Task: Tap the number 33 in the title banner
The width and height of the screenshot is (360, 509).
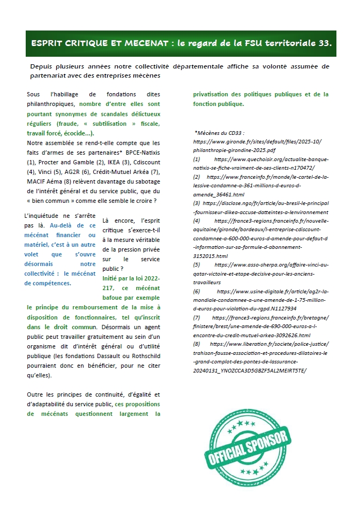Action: pyautogui.click(x=324, y=44)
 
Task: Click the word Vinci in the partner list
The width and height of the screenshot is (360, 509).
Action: pyautogui.click(x=44, y=171)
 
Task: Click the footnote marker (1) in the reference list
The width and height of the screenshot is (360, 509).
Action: pyautogui.click(x=197, y=159)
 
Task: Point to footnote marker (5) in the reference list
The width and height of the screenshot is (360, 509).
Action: pyautogui.click(x=197, y=264)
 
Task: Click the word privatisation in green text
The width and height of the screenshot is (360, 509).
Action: pyautogui.click(x=214, y=94)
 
